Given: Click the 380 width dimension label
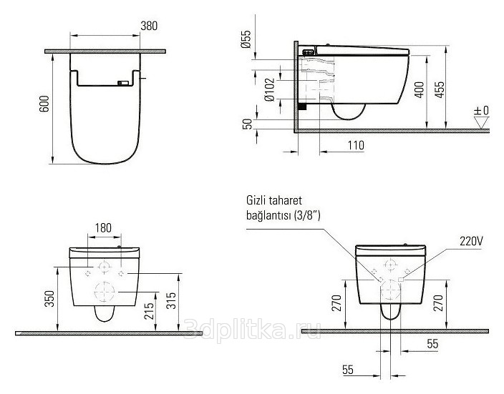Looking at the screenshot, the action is (149, 26).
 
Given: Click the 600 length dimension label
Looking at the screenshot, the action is (44, 104).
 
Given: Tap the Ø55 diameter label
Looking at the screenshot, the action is (246, 39).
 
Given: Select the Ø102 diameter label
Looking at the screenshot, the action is (269, 89).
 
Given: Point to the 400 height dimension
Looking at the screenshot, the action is (420, 89).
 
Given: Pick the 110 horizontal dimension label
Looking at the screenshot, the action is (356, 145).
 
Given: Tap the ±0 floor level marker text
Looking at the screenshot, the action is (481, 110).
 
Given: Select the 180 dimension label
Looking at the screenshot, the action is (103, 227).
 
